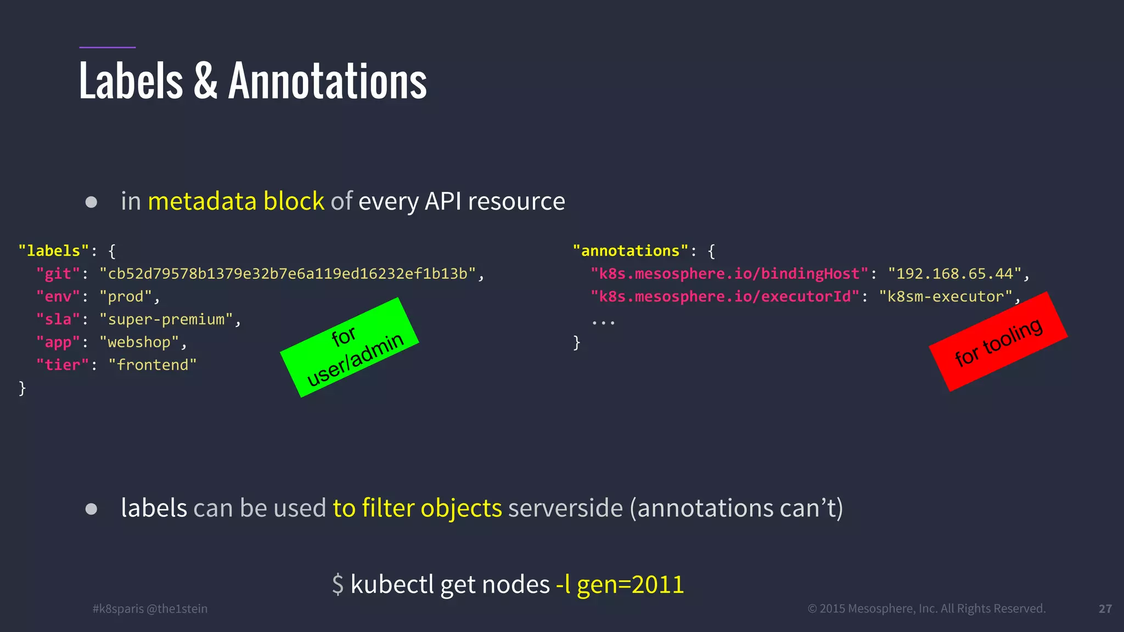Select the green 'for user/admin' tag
pyautogui.click(x=350, y=347)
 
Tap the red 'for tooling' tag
pyautogui.click(x=998, y=342)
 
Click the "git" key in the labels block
pyautogui.click(x=58, y=274)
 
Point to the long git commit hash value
pyautogui.click(x=288, y=274)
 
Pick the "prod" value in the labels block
pyautogui.click(x=125, y=297)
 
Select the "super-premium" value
pyautogui.click(x=166, y=319)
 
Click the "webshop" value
pyautogui.click(x=139, y=342)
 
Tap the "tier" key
pyautogui.click(x=62, y=365)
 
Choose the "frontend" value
pyautogui.click(x=152, y=365)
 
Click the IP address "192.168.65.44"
pyautogui.click(x=954, y=274)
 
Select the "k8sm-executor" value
pyautogui.click(x=945, y=297)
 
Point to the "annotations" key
pyautogui.click(x=630, y=251)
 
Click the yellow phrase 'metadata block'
pyautogui.click(x=236, y=201)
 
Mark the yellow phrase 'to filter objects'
pyautogui.click(x=417, y=508)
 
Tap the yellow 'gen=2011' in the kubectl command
pyautogui.click(x=630, y=585)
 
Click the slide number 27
pyautogui.click(x=1105, y=609)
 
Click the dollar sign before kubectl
pyautogui.click(x=338, y=585)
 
